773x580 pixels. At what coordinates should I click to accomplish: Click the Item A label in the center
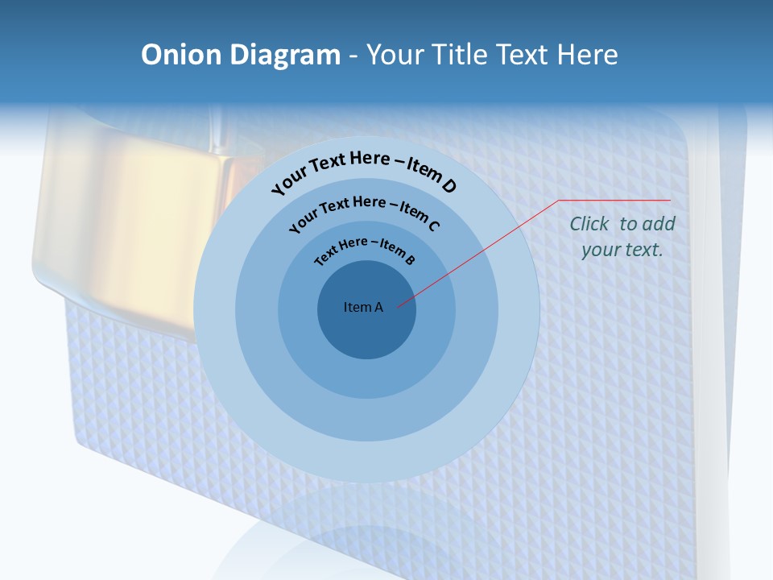pyautogui.click(x=363, y=307)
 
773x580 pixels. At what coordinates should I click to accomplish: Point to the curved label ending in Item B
pyautogui.click(x=365, y=250)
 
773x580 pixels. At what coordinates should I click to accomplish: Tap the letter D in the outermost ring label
pyautogui.click(x=449, y=187)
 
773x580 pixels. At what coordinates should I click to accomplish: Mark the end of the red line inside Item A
pyautogui.click(x=398, y=305)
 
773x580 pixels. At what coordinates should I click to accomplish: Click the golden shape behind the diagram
pyautogui.click(x=129, y=217)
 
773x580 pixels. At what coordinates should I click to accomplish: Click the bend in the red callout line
pyautogui.click(x=559, y=201)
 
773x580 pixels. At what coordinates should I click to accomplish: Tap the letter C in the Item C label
pyautogui.click(x=433, y=226)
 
